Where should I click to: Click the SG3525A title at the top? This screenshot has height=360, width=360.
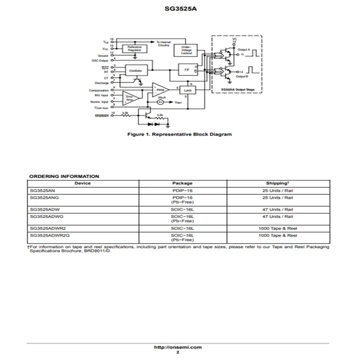pyautogui.click(x=179, y=9)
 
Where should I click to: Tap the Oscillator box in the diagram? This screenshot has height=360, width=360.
pyautogui.click(x=135, y=69)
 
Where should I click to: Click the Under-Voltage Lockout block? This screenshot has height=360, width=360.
pyautogui.click(x=186, y=49)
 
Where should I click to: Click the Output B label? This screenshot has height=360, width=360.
pyautogui.click(x=242, y=76)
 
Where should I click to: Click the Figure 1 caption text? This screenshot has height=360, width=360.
pyautogui.click(x=179, y=134)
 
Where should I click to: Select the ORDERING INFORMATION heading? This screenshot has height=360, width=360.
pyautogui.click(x=64, y=176)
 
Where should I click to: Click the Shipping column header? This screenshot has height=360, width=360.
pyautogui.click(x=278, y=183)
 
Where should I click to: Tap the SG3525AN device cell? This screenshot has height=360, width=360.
pyautogui.click(x=43, y=190)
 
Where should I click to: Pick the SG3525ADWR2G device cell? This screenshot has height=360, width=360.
pyautogui.click(x=50, y=235)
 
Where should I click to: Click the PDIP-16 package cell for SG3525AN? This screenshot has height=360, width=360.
pyautogui.click(x=182, y=190)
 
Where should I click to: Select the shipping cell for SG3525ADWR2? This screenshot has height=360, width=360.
pyautogui.click(x=278, y=228)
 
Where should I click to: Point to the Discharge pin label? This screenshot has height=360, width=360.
pyautogui.click(x=100, y=82)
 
